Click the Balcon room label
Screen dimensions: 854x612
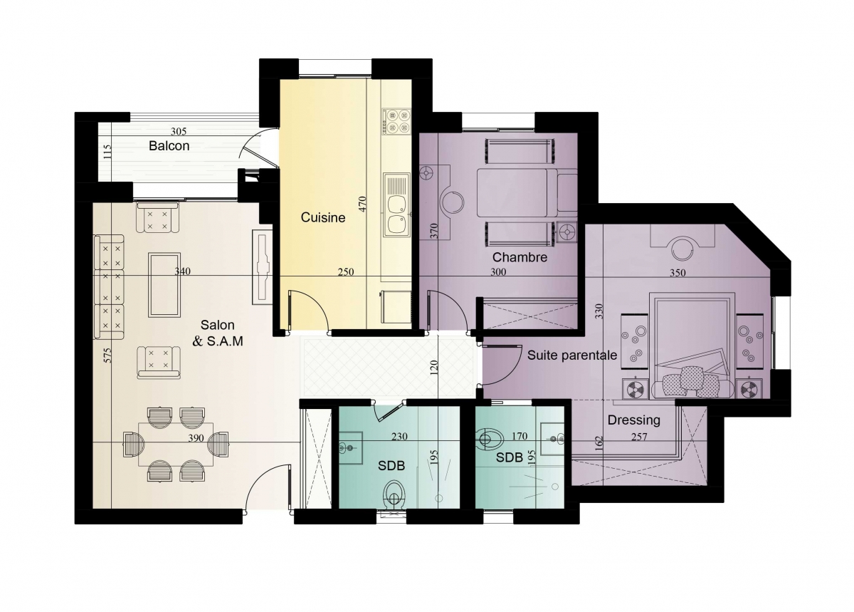(169, 146)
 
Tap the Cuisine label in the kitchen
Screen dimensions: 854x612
(323, 217)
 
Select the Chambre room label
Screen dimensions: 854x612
(520, 257)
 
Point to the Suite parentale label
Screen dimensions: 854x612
(572, 356)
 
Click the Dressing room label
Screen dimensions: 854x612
(633, 420)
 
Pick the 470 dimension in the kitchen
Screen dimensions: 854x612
(362, 204)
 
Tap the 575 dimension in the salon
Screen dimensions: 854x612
(108, 355)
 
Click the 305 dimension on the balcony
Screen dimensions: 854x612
(179, 132)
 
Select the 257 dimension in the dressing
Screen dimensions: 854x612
(639, 436)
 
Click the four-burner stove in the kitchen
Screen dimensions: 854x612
(396, 121)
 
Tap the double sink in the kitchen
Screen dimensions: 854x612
(396, 205)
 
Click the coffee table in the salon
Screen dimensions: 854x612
(164, 284)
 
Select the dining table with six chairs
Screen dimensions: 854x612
(176, 444)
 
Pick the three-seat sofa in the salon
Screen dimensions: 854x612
(109, 287)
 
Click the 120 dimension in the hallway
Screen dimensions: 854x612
(434, 368)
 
